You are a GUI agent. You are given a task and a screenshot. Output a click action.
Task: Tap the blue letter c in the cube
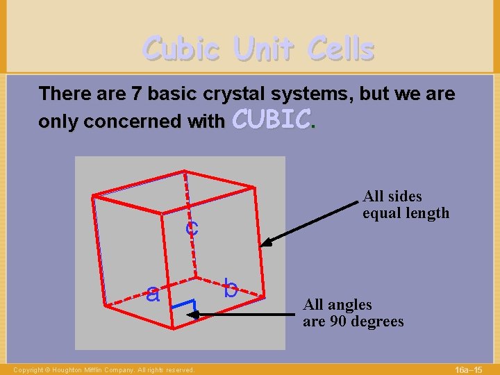[191, 227]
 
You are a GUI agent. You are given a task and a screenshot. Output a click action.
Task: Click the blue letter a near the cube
[153, 294]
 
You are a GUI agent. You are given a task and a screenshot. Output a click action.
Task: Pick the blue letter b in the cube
[231, 287]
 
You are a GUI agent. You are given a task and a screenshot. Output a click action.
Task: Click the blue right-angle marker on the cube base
[185, 306]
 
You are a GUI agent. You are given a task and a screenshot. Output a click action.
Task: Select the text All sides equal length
[406, 205]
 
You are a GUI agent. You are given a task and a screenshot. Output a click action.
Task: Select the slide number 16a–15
[473, 369]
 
